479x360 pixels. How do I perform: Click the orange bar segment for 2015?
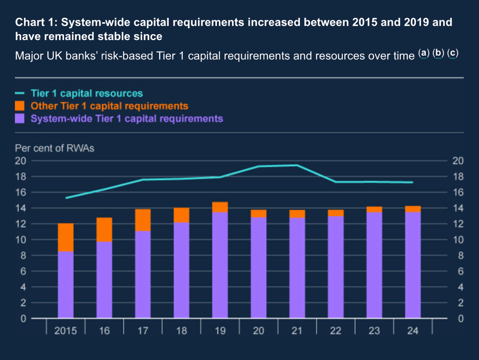coord(65,237)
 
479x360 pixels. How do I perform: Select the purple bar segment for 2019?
coord(220,265)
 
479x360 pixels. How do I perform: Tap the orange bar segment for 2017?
coord(143,220)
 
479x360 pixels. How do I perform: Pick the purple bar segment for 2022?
coord(336,267)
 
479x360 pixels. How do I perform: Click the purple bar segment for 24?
coord(413,265)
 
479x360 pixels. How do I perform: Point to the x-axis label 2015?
coord(65,331)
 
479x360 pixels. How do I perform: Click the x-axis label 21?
coord(297,331)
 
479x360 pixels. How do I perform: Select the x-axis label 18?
coord(181,331)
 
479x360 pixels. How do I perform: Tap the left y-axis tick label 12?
coord(21,224)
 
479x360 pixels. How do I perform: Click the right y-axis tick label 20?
coord(458,161)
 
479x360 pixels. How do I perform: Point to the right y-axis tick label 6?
coord(460,271)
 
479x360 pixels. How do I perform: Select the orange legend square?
coord(20,106)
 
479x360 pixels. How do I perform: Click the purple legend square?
coord(20,119)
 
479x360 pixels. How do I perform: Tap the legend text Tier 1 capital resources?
coord(87,93)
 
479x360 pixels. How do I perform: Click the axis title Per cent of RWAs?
coord(55,148)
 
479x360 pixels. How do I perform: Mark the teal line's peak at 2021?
coord(297,165)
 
